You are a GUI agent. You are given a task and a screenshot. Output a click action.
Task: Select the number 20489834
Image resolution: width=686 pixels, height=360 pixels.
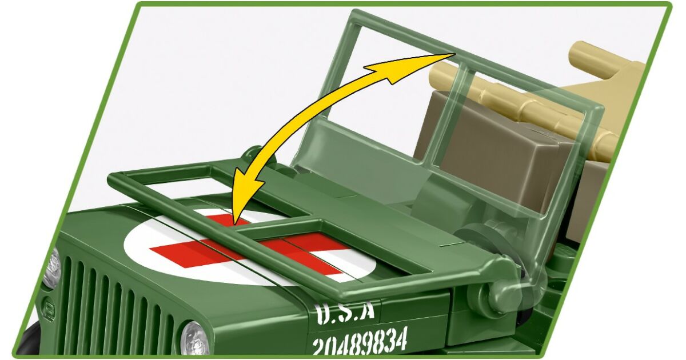[360, 341]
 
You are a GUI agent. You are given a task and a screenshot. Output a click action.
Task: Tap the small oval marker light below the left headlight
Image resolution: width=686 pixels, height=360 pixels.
[49, 306]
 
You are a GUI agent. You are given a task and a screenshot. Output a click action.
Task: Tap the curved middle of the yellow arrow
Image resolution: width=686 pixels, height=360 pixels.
[294, 122]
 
